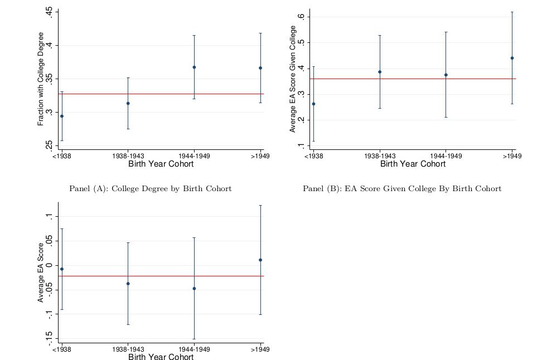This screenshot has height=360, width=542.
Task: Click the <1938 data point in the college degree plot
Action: tap(62, 116)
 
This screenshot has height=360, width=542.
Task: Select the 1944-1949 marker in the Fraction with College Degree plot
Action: tap(194, 67)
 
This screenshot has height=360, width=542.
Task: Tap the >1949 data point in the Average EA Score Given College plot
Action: tap(512, 58)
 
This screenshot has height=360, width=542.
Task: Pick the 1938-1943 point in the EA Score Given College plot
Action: tap(380, 72)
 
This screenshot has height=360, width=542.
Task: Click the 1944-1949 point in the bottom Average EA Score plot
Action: tap(194, 288)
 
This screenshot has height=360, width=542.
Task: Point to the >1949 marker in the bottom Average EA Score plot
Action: tap(260, 260)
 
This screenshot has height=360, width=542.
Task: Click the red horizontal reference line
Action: tap(162, 94)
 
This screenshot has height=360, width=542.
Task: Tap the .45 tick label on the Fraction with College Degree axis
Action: tap(49, 13)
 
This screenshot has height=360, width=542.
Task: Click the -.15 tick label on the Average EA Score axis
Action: tap(49, 338)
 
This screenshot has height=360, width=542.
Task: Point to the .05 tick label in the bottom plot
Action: tap(49, 240)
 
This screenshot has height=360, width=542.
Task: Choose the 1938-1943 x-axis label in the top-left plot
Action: tap(128, 157)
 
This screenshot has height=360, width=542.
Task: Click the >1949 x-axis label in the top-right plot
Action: tap(512, 157)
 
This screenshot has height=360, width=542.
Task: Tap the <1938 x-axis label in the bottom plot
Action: tap(61, 349)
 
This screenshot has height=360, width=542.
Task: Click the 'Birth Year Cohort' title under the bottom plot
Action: tap(161, 357)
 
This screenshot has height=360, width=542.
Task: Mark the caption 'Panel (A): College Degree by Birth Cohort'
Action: tap(150, 188)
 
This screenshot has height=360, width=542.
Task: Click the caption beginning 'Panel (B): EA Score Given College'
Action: tap(402, 188)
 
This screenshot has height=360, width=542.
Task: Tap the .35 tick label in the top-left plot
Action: tap(49, 79)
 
